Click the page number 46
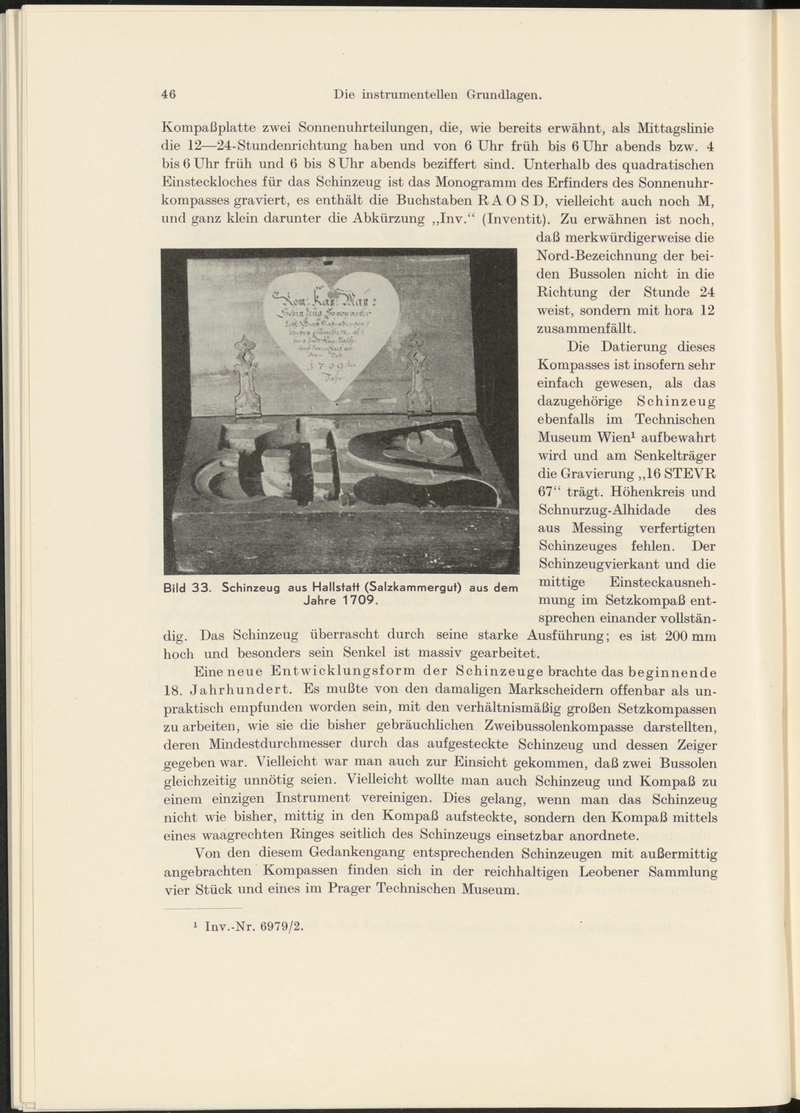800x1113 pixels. pyautogui.click(x=169, y=95)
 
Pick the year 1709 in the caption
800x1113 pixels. pyautogui.click(x=356, y=600)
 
